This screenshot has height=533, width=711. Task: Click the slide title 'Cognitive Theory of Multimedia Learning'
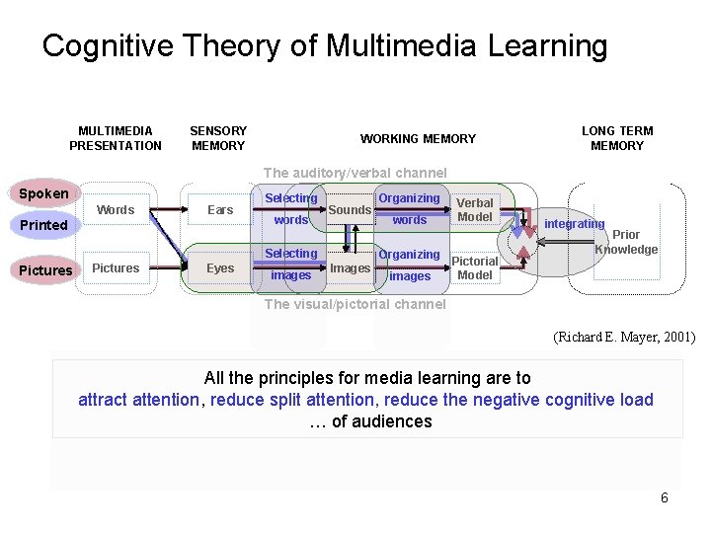pyautogui.click(x=325, y=45)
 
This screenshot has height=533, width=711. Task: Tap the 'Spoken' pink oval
pyautogui.click(x=43, y=193)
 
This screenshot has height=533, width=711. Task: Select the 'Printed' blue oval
pyautogui.click(x=43, y=225)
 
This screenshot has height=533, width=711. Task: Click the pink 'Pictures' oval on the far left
pyautogui.click(x=46, y=270)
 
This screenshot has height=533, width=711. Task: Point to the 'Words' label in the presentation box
pyautogui.click(x=116, y=209)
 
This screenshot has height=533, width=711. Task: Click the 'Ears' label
pyautogui.click(x=220, y=209)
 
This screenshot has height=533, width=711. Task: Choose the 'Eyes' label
pyautogui.click(x=220, y=267)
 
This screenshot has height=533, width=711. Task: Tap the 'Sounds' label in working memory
pyautogui.click(x=350, y=209)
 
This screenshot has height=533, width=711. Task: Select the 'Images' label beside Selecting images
pyautogui.click(x=350, y=267)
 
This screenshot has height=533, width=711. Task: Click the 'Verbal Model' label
pyautogui.click(x=475, y=209)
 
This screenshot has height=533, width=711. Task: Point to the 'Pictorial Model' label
pyautogui.click(x=475, y=268)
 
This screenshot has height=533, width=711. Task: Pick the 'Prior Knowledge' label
pyautogui.click(x=626, y=242)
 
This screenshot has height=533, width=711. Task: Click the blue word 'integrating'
pyautogui.click(x=574, y=224)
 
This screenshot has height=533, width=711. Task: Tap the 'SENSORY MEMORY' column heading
pyautogui.click(x=218, y=138)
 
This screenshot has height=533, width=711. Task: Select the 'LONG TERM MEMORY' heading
pyautogui.click(x=617, y=138)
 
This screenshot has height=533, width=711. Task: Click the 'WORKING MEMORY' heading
pyautogui.click(x=418, y=139)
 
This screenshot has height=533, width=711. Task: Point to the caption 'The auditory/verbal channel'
pyautogui.click(x=355, y=173)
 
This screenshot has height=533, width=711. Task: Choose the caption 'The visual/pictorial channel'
pyautogui.click(x=355, y=304)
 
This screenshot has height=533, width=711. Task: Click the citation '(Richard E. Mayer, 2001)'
pyautogui.click(x=624, y=338)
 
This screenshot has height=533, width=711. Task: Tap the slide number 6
pyautogui.click(x=665, y=497)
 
